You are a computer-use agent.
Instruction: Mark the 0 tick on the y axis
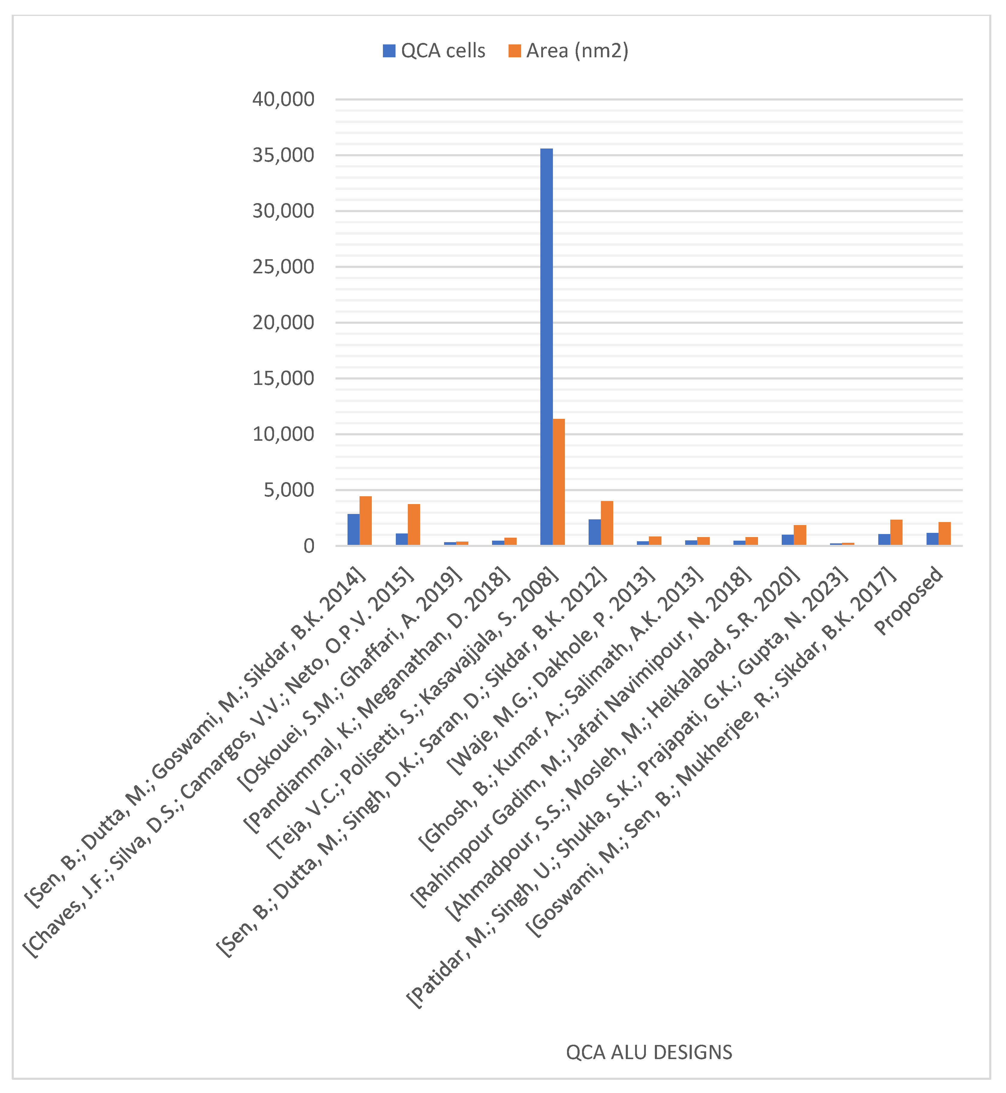pos(309,546)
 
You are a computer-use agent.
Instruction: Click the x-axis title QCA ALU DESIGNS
pos(649,1052)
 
